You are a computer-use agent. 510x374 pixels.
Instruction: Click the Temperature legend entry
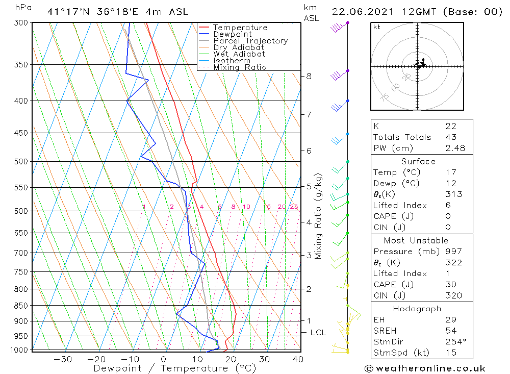(x=240, y=28)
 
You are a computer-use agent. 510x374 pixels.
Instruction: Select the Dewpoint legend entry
(x=232, y=34)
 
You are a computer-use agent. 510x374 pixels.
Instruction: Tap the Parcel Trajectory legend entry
(x=250, y=41)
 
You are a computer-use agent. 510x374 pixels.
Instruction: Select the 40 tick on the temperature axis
(x=298, y=359)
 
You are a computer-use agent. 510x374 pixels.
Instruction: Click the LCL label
(x=318, y=333)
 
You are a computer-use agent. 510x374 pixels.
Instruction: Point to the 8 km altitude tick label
(x=309, y=77)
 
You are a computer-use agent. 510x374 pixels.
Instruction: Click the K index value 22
(x=450, y=126)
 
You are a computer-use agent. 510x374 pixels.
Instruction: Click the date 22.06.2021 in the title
(x=360, y=12)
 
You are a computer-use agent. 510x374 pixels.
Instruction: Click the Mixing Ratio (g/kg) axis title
(x=319, y=216)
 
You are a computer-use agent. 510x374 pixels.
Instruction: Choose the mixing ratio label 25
(x=294, y=207)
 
